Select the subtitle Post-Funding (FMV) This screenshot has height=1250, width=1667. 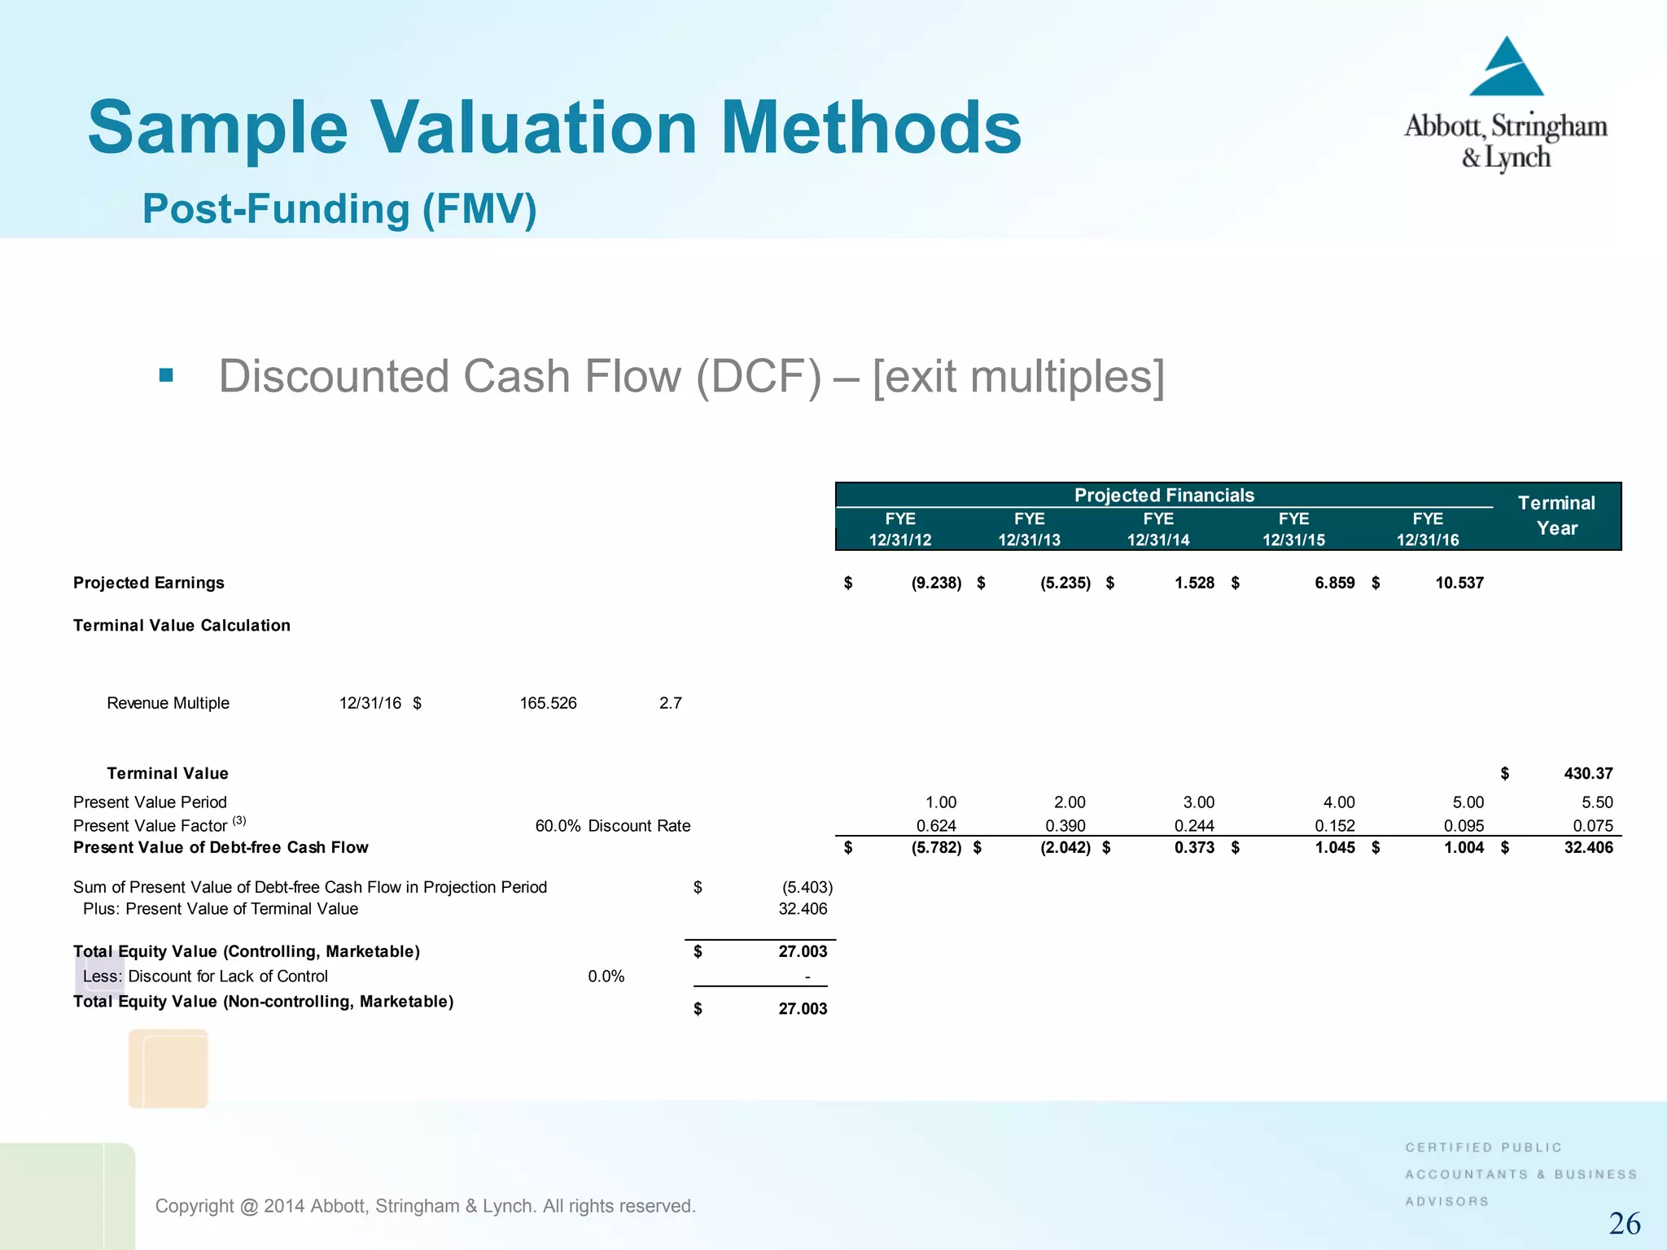339,208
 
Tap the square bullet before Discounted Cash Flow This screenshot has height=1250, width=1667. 166,375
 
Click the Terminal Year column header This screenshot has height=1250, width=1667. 1556,515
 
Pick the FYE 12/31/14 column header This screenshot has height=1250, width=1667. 1157,529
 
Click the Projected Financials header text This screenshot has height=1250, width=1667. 1164,495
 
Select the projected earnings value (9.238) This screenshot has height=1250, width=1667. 936,583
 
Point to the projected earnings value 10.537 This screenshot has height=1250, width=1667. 1459,583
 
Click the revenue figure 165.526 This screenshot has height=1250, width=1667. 548,703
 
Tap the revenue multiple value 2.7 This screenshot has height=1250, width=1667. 670,703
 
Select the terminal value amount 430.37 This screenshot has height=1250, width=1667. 1587,773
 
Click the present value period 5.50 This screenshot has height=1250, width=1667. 1596,802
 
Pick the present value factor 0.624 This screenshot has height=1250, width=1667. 936,826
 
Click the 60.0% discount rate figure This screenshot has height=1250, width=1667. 558,826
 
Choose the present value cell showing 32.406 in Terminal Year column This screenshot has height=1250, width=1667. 1588,847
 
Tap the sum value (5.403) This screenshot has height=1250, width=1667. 807,887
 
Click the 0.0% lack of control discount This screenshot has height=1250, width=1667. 606,977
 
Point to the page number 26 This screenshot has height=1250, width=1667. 1624,1223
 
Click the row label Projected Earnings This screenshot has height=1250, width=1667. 148,583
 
